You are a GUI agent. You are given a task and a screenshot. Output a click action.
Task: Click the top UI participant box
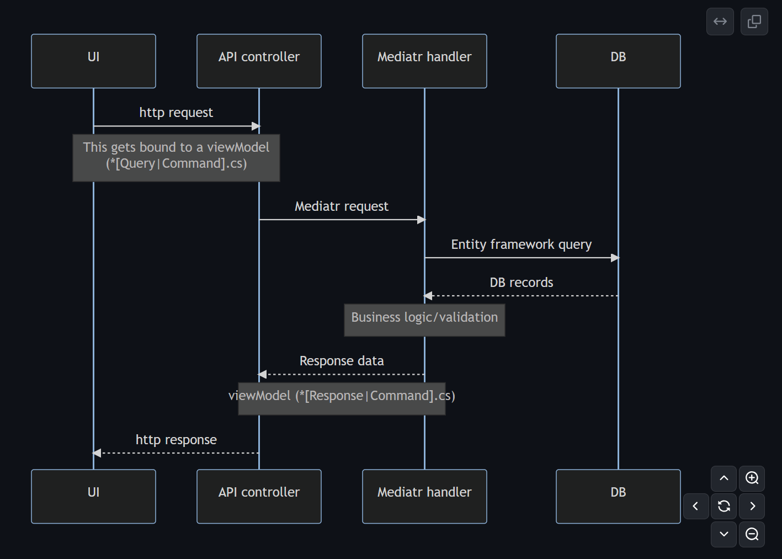[93, 61]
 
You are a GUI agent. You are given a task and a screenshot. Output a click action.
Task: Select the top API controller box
[259, 61]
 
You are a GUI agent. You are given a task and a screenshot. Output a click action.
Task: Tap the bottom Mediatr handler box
[424, 496]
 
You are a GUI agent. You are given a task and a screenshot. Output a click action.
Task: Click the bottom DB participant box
[618, 496]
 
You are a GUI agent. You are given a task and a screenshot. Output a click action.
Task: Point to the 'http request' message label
[176, 113]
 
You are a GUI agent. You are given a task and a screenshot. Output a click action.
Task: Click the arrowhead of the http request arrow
[256, 126]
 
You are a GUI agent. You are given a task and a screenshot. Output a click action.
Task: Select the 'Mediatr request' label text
[342, 206]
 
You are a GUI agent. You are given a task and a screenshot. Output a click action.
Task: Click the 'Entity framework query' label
[521, 244]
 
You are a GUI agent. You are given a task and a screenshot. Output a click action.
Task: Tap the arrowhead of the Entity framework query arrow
[615, 258]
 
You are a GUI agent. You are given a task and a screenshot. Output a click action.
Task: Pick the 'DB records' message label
[521, 283]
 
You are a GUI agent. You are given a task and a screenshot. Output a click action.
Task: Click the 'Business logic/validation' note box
[424, 320]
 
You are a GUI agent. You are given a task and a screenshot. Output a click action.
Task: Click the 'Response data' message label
[342, 361]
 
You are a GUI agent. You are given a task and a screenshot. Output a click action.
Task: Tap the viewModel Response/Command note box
[342, 398]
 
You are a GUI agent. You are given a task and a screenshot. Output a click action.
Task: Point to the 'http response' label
[176, 440]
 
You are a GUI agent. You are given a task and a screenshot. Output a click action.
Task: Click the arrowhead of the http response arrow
[97, 453]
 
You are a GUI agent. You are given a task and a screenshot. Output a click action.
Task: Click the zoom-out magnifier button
[752, 534]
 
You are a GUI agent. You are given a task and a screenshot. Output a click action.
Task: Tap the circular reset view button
[724, 506]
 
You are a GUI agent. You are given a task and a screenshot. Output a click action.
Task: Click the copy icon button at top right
[754, 22]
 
